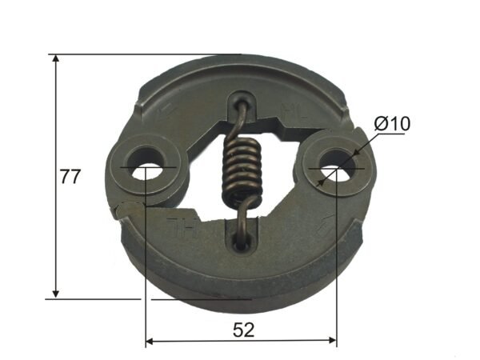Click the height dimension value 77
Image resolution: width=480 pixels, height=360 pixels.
[70, 177]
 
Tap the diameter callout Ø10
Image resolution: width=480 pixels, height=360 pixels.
[391, 124]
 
